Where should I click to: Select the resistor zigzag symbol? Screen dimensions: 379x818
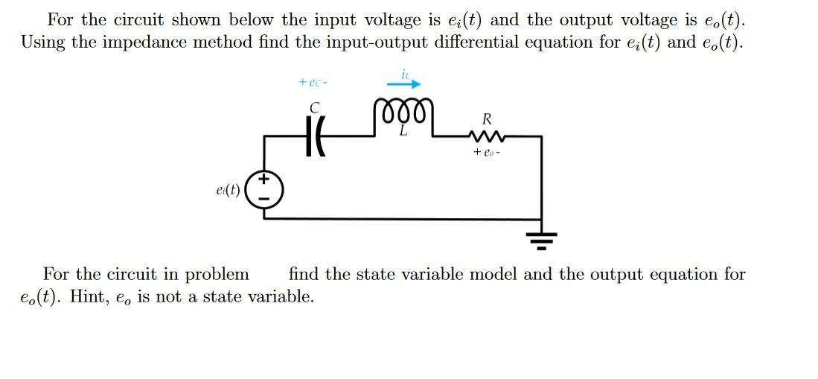pos(487,136)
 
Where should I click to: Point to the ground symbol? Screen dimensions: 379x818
pos(541,238)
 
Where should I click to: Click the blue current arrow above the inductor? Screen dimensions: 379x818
pos(405,84)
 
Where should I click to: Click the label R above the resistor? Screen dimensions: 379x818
pos(487,118)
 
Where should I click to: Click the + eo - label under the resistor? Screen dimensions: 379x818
pos(487,153)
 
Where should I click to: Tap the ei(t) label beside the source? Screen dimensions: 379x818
pos(225,189)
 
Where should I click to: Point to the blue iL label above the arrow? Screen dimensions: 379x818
pos(405,73)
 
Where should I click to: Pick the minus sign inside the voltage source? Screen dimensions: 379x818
pos(264,198)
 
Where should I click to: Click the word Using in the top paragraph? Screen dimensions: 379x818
pos(43,42)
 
